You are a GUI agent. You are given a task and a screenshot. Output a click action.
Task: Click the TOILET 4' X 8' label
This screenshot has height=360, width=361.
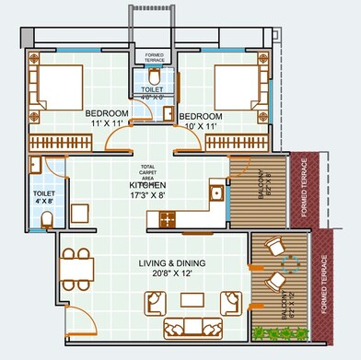tap(44, 198)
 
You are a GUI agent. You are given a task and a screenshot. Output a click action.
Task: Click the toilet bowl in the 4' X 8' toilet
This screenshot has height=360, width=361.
tap(47, 217)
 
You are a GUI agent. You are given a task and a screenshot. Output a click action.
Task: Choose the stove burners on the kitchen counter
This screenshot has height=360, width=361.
tap(169, 219)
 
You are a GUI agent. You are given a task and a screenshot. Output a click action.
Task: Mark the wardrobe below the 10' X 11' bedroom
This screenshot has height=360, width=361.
tap(241, 143)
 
